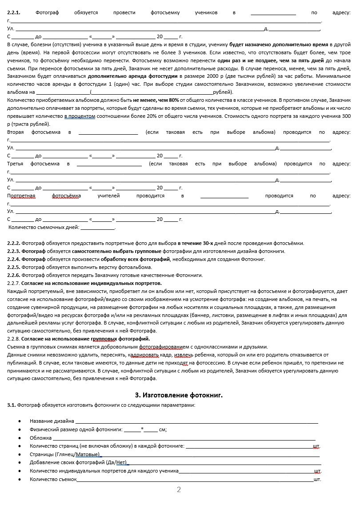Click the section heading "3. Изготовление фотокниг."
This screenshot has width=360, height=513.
(179, 395)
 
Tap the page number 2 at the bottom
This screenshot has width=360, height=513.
(179, 490)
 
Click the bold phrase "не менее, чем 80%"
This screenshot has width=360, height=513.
(156, 100)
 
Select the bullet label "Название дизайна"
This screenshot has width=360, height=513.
(52, 421)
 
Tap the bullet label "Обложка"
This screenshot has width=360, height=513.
(41, 438)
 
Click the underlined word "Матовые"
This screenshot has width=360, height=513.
(92, 454)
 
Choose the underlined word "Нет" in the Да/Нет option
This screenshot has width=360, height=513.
(121, 463)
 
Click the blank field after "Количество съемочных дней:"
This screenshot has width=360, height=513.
(97, 228)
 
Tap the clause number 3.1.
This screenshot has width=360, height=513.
(12, 405)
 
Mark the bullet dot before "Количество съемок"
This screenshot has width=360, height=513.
(20, 480)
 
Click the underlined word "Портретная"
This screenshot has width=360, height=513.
(21, 196)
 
